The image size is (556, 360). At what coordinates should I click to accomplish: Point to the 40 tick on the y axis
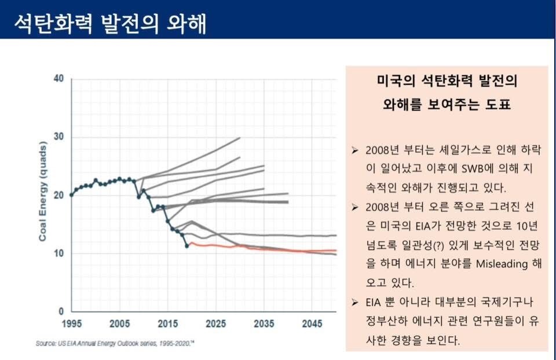(58, 79)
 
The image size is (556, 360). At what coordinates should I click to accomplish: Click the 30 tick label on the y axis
(58, 137)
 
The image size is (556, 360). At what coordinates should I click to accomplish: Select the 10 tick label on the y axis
(58, 254)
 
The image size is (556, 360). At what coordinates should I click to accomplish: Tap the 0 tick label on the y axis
(60, 311)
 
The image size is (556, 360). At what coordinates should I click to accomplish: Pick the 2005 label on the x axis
(119, 323)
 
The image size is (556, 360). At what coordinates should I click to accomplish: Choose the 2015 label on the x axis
(167, 323)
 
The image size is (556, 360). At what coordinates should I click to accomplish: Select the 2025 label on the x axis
(215, 323)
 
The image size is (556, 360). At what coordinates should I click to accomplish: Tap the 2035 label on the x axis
(264, 323)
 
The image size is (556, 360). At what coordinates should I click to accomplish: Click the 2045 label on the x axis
(312, 323)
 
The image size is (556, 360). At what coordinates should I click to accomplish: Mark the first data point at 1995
(71, 195)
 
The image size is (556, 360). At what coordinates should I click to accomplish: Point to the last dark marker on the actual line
(186, 246)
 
